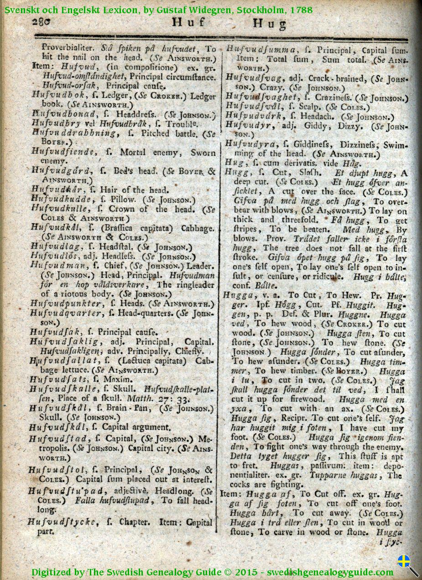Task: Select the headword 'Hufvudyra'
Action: (249, 144)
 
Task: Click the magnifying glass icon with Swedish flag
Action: (406, 564)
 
